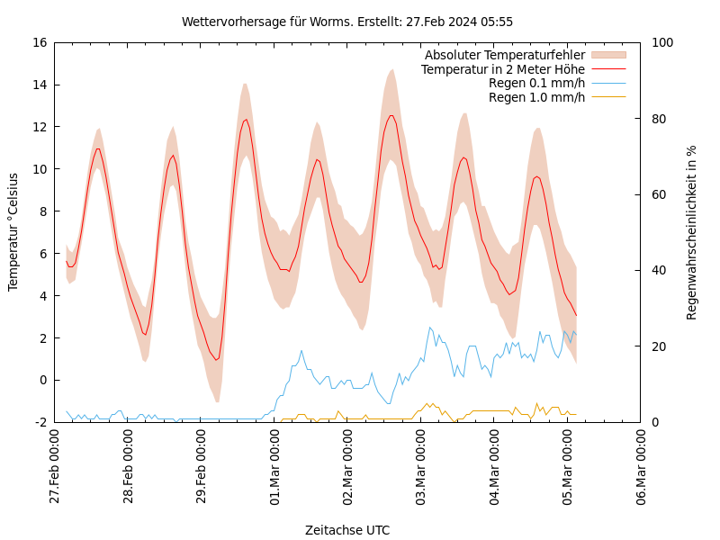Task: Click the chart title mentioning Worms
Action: (347, 22)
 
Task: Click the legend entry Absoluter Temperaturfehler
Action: (504, 56)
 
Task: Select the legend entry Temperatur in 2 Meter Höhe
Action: (502, 69)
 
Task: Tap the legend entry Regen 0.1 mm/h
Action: (536, 83)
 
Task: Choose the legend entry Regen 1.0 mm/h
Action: (536, 97)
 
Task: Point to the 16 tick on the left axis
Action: (39, 42)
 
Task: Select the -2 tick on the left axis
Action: (40, 422)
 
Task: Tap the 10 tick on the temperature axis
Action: (39, 169)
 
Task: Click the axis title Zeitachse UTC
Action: (347, 530)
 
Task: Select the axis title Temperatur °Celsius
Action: (13, 232)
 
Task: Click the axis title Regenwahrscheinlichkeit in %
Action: (692, 232)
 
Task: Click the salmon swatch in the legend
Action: (608, 56)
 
